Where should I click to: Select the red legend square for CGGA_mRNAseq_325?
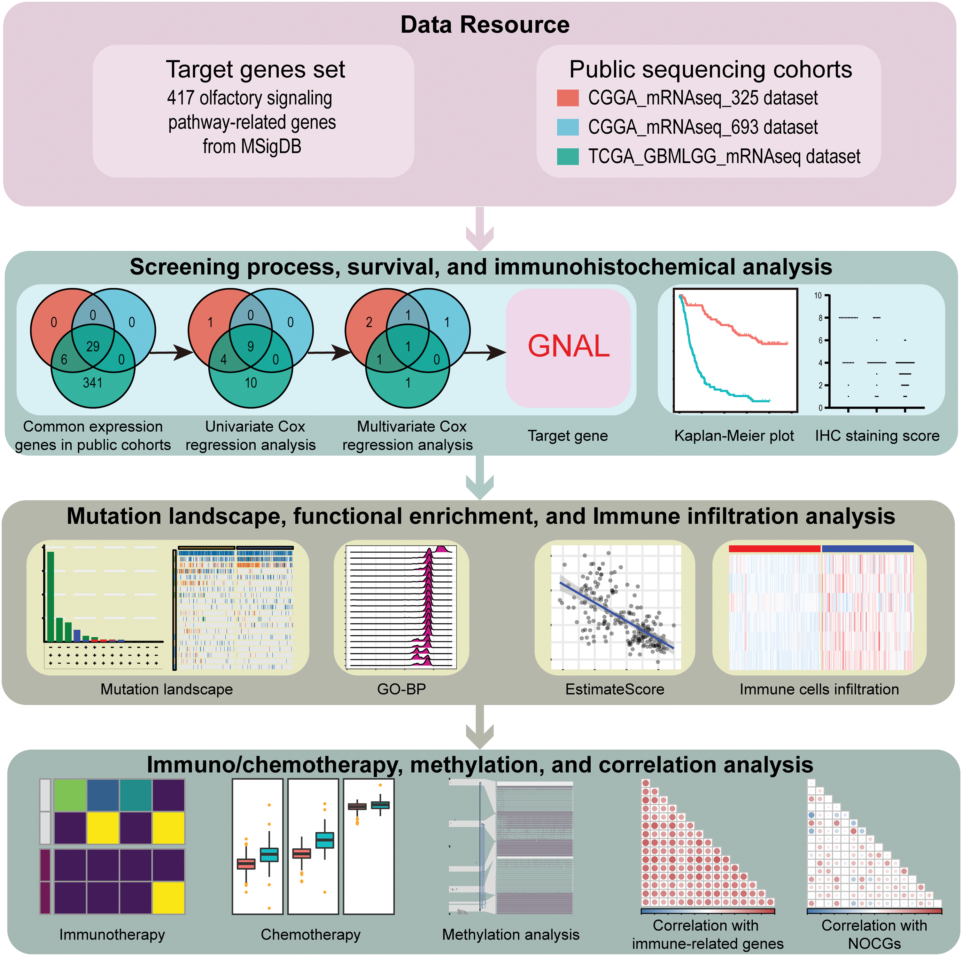point(568,98)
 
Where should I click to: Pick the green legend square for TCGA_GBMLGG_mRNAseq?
point(568,156)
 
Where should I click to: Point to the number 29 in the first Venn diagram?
point(93,346)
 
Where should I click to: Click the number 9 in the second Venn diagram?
point(251,346)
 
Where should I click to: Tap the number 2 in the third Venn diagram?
point(369,322)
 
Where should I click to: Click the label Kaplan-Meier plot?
point(734,436)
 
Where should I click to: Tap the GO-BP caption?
point(401,689)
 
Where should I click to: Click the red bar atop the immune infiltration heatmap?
point(774,548)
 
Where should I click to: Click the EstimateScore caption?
point(615,689)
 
